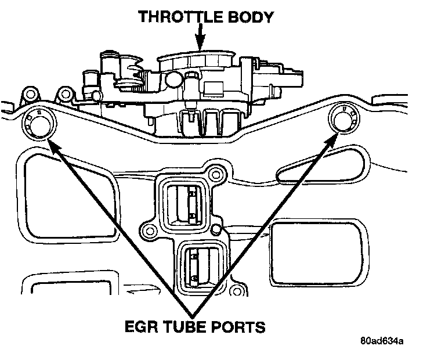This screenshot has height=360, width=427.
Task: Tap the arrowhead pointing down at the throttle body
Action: pyautogui.click(x=199, y=45)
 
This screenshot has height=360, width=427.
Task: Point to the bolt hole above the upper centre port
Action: pyautogui.click(x=217, y=174)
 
